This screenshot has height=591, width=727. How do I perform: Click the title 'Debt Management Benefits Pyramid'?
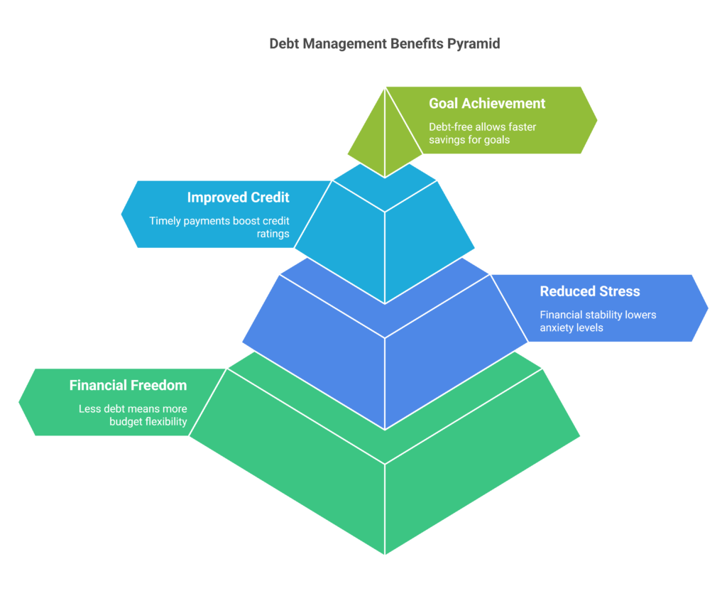(x=384, y=43)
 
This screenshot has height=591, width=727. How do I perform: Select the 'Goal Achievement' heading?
(x=487, y=104)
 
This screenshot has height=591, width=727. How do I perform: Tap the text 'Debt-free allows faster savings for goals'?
(x=483, y=134)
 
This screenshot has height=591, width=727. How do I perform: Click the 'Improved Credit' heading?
(x=238, y=197)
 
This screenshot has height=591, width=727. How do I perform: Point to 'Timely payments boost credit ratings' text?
(x=219, y=227)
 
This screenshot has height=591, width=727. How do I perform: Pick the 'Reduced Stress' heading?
(x=589, y=291)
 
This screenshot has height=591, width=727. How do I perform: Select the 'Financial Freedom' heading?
(x=128, y=386)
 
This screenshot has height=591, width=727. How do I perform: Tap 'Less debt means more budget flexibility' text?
(x=133, y=416)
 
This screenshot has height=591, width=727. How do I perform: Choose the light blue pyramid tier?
(x=384, y=234)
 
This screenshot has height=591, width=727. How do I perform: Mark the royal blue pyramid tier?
(x=384, y=355)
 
